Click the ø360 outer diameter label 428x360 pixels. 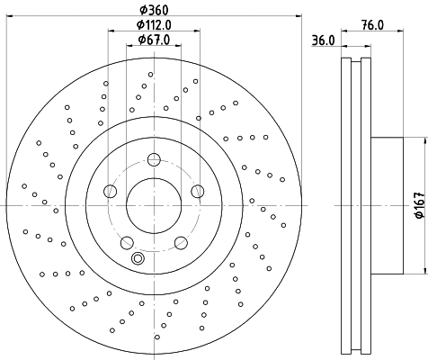[153, 10]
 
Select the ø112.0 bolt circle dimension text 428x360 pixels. [153, 25]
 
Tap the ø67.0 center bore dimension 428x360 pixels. [153, 40]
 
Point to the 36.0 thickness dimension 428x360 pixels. [323, 40]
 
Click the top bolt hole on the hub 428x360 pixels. [153, 160]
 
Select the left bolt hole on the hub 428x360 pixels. [110, 191]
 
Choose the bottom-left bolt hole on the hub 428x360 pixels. [127, 241]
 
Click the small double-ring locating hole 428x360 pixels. [138, 258]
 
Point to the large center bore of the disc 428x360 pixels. [153, 205]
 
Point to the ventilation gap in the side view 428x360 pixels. [356, 205]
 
